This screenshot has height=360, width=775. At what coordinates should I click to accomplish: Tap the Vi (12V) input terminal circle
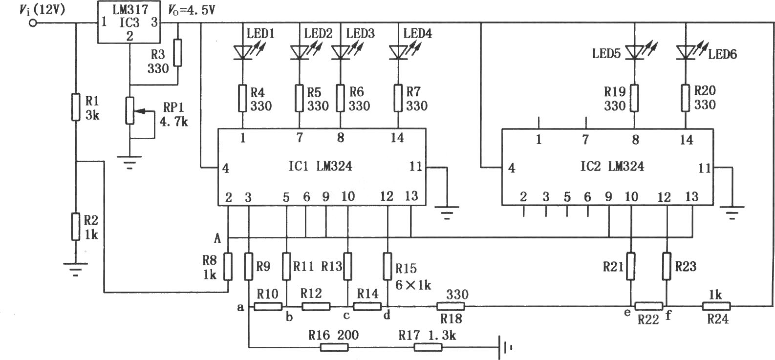33,23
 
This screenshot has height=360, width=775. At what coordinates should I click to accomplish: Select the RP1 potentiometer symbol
130,111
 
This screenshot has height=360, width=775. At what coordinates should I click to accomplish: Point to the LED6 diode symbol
686,53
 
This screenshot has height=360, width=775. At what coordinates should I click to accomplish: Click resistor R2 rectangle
76,227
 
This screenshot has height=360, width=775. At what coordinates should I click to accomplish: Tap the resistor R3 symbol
177,53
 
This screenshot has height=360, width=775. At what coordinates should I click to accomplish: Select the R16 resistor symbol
334,347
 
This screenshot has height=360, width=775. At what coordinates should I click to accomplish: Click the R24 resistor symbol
716,306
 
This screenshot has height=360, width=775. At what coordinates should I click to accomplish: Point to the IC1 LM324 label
321,167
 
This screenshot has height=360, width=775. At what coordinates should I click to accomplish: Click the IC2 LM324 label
612,167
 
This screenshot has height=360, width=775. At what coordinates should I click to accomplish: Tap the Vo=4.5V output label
192,10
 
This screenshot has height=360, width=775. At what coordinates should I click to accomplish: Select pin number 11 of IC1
416,167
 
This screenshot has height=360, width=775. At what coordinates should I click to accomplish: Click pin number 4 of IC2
512,168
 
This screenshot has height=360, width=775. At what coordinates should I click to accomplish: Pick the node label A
217,239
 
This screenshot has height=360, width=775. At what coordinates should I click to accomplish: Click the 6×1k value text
413,285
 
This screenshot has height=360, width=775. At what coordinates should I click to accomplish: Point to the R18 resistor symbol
451,306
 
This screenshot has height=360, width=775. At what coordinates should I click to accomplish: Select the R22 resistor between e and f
649,306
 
